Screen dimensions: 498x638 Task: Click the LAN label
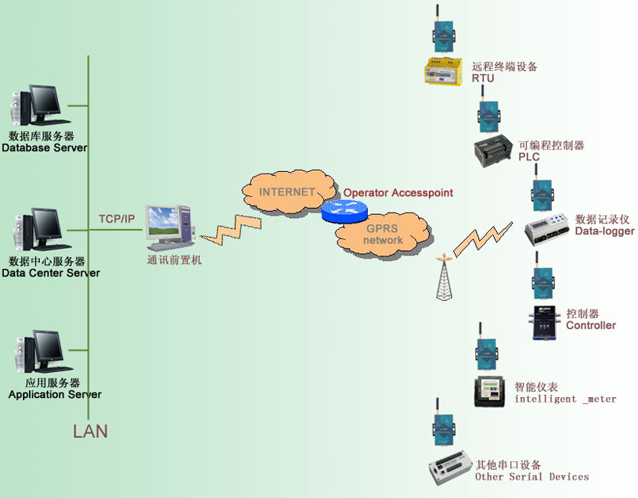[90, 431]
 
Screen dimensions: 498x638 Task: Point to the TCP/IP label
[116, 218]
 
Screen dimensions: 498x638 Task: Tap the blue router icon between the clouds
[344, 210]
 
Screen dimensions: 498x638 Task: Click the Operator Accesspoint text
[398, 193]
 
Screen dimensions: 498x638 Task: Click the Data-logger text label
[604, 231]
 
